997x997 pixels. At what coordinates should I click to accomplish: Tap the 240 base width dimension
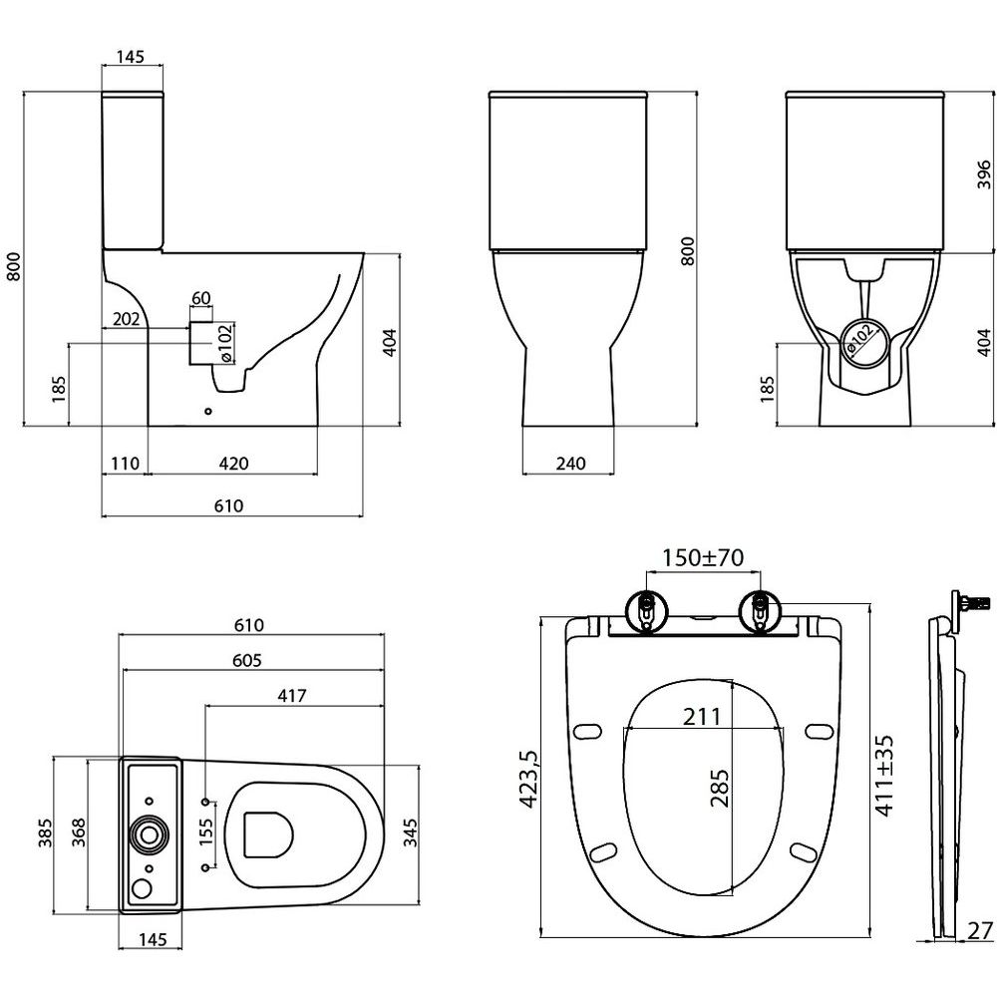571,464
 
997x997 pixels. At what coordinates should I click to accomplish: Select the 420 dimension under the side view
233,464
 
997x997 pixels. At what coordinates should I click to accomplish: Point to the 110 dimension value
125,464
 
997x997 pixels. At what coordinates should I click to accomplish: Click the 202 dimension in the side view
125,319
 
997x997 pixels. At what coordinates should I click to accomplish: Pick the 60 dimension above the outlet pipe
201,299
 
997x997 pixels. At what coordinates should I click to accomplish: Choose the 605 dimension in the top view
248,660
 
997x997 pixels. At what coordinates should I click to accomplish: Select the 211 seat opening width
705,716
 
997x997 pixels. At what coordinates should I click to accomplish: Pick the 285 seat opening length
720,788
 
